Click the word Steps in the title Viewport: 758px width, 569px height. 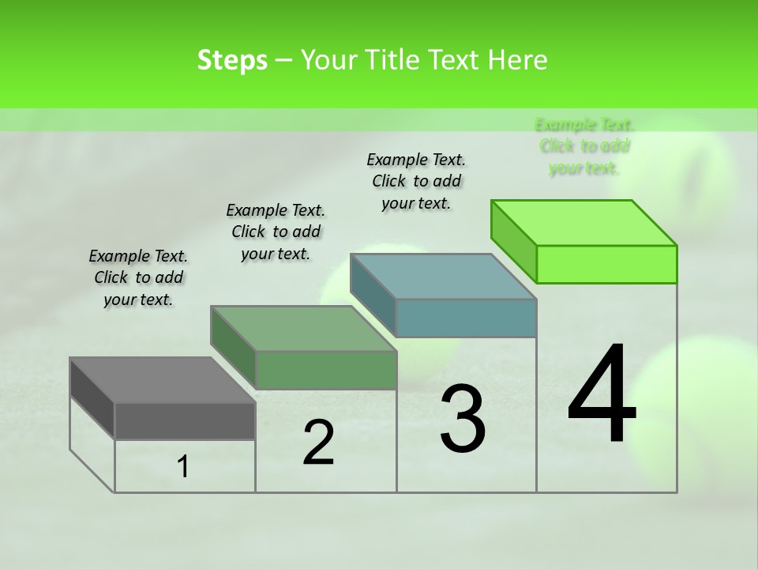click(232, 60)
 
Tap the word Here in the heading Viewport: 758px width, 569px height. click(517, 60)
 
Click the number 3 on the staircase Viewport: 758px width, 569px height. click(463, 420)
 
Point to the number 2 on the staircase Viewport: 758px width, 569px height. click(318, 443)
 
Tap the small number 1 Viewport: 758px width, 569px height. click(183, 467)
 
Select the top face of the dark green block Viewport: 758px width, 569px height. click(302, 328)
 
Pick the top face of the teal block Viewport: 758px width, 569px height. click(443, 277)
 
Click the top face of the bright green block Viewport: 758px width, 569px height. click(584, 223)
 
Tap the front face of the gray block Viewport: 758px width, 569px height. click(185, 420)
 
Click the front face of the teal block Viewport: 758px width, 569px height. click(466, 318)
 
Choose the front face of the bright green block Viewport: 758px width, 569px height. click(606, 264)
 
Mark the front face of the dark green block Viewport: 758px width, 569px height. click(325, 370)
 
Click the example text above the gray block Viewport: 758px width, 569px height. click(138, 277)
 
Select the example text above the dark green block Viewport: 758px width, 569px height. click(276, 232)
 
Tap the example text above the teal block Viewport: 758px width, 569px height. click(416, 181)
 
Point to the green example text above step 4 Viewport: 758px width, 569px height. click(584, 146)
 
